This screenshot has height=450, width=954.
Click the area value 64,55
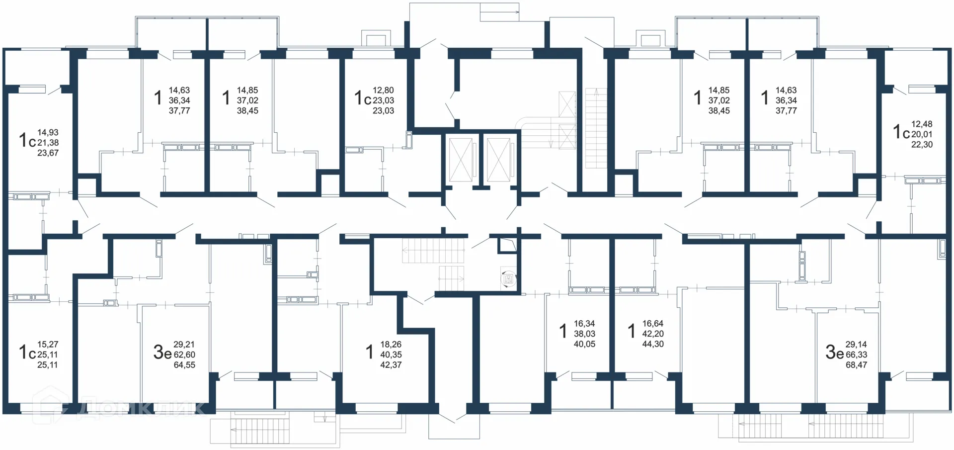tap(184, 365)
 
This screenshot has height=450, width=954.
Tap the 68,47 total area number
tap(856, 365)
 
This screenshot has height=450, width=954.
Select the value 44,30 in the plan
tap(652, 344)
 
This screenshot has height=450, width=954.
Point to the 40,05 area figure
tap(584, 344)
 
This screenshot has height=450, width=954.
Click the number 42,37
tap(391, 365)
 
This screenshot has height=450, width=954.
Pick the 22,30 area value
tap(922, 145)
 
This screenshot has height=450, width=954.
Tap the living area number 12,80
tap(383, 90)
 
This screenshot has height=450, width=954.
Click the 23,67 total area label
tap(48, 153)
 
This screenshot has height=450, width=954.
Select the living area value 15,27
tap(48, 344)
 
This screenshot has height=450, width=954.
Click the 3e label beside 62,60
tap(162, 352)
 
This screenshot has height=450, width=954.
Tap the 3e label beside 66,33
tap(835, 352)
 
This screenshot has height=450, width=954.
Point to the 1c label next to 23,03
tap(363, 98)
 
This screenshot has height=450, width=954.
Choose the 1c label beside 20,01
tap(901, 132)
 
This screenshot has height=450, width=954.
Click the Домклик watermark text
tap(142, 408)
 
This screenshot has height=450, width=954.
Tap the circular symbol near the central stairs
tap(508, 279)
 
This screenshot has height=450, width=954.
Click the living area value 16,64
tap(652, 324)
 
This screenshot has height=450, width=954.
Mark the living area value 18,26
tap(391, 344)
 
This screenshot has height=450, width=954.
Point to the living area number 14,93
tap(48, 133)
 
